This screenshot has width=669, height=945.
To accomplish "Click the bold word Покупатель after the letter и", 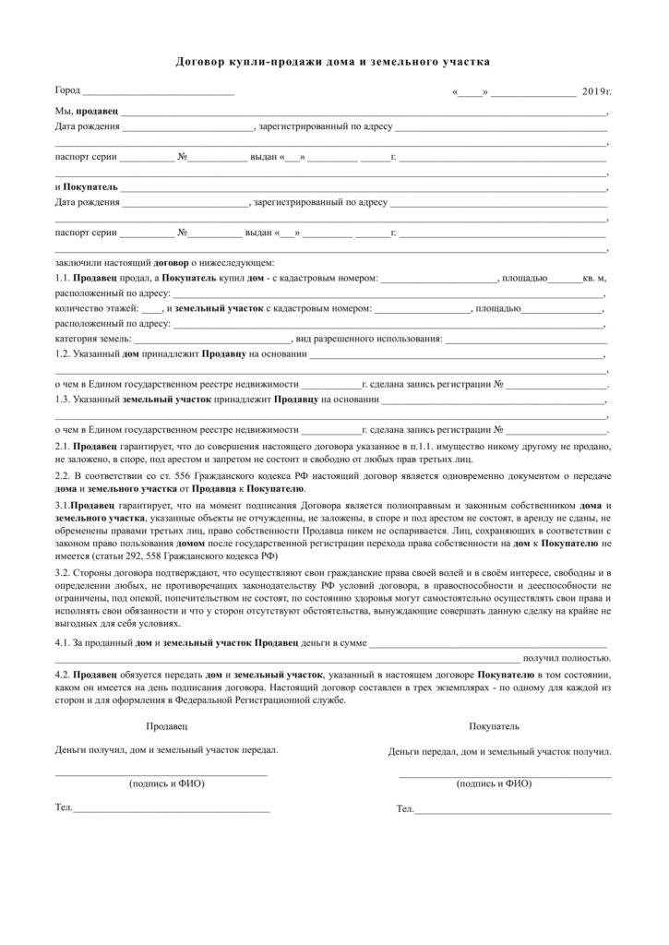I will [90, 185].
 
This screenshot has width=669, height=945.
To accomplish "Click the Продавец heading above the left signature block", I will [166, 727].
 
